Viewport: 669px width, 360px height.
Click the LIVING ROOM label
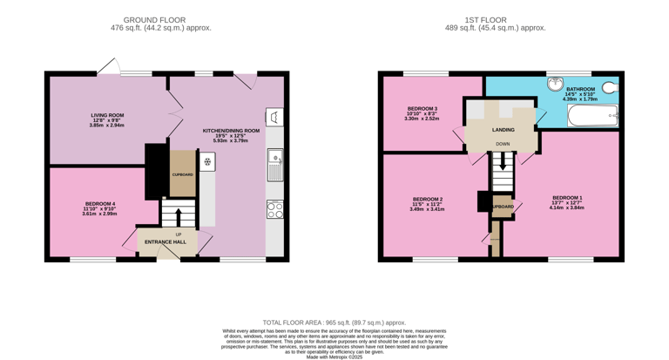(107, 115)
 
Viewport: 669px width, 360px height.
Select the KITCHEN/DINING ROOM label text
(231, 131)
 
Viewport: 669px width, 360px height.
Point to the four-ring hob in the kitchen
(274, 209)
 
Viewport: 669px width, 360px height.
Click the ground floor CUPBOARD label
(182, 174)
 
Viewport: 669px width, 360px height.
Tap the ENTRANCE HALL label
(166, 241)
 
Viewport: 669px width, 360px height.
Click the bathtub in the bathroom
(592, 114)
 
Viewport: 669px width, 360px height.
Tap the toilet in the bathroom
(611, 88)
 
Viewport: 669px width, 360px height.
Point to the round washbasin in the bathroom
(556, 85)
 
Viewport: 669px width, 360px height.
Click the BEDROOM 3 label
(422, 109)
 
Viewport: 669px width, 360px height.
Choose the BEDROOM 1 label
(567, 198)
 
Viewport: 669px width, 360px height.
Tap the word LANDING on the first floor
(503, 130)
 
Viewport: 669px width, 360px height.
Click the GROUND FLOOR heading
(154, 19)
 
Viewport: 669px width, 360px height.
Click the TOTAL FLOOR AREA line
(334, 323)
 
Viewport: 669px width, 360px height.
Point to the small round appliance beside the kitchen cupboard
(207, 162)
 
